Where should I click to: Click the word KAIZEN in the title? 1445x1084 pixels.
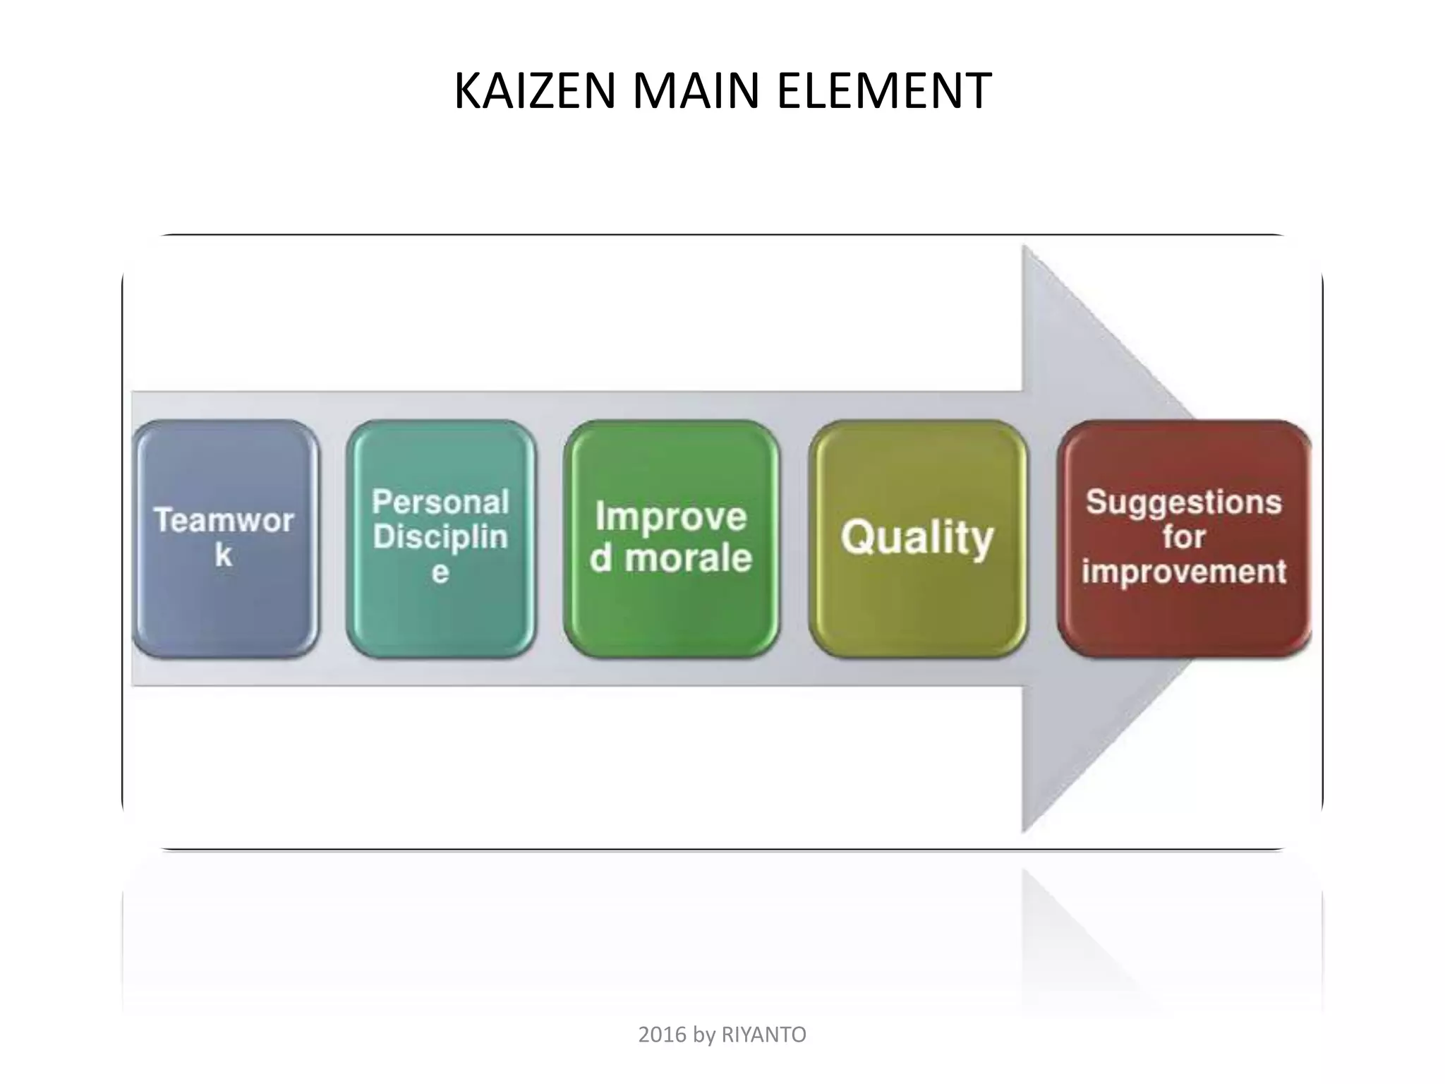coord(535,92)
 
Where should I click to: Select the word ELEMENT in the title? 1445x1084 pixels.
coord(884,92)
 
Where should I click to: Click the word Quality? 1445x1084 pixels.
coord(917,538)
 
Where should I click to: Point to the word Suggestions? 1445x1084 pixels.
coord(1184,502)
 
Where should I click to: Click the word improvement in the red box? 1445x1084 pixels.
coord(1184,572)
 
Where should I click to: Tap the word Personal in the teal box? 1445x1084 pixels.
coord(441,502)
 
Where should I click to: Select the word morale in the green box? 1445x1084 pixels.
coord(689,558)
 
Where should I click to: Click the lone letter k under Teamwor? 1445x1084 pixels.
coord(224,555)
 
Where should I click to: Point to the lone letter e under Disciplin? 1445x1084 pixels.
coord(440,572)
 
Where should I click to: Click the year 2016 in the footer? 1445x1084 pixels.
coord(662,1035)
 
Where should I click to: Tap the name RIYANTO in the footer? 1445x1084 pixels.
coord(763,1035)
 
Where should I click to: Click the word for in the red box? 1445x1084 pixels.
coord(1184,537)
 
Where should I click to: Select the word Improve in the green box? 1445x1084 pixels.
coord(671,516)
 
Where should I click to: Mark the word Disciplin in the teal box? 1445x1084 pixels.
coord(441,537)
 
